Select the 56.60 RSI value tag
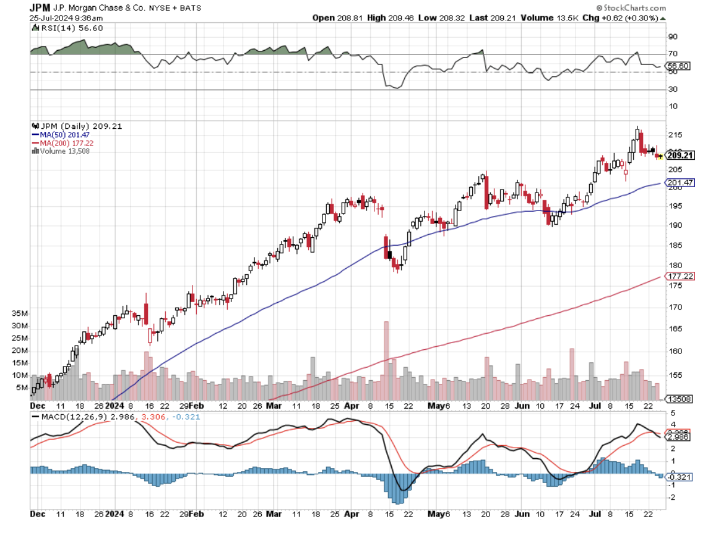(x=676, y=66)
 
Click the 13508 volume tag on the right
(x=677, y=399)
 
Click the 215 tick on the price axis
(x=675, y=135)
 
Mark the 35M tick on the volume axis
(x=20, y=314)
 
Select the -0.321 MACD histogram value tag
(x=678, y=477)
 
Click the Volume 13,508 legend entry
(x=64, y=151)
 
